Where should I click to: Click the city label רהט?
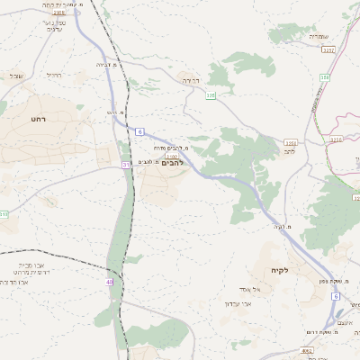click(x=38, y=118)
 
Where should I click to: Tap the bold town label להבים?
click(x=171, y=163)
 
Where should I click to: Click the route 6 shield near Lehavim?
click(x=140, y=131)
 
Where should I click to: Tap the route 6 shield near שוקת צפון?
click(x=335, y=296)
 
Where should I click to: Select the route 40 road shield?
click(x=110, y=282)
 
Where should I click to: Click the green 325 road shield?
click(x=211, y=94)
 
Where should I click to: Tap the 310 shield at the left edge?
click(x=4, y=214)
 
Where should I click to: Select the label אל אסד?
click(x=251, y=288)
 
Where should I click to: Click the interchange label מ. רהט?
click(x=113, y=112)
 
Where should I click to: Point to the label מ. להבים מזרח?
click(x=170, y=148)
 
